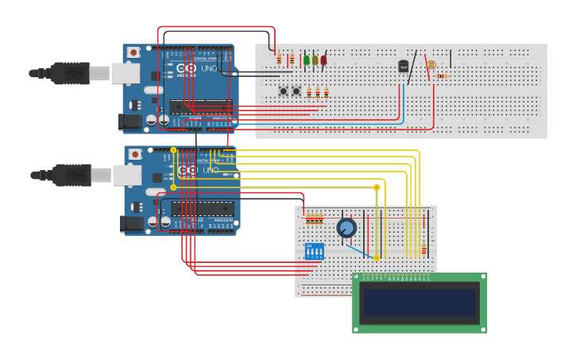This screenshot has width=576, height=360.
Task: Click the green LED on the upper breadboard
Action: pos(307,60)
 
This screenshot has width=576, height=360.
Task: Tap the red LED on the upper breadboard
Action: pos(323,60)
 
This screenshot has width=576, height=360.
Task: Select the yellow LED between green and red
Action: pos(315,60)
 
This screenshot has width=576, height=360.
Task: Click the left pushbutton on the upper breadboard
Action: pos(283,91)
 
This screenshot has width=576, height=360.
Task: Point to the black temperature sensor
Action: pos(404,66)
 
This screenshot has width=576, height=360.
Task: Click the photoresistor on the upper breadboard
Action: pos(431,64)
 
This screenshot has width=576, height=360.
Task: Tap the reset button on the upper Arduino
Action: pos(133,52)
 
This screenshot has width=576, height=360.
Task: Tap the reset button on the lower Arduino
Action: pos(135,153)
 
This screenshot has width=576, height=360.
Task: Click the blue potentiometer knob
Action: pos(346,228)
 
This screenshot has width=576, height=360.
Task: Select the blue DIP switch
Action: pos(315,252)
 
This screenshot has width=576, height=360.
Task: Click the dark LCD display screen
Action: pos(419,303)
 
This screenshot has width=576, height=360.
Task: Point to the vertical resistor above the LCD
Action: pos(423,250)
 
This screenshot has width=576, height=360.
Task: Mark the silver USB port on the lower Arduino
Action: pos(126,175)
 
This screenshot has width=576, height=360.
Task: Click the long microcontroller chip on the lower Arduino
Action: pos(203,209)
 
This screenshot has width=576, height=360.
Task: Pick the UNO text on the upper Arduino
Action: pos(207,69)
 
